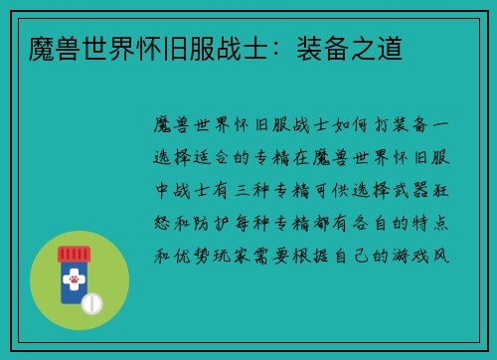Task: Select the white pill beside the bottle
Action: pos(90,303)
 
